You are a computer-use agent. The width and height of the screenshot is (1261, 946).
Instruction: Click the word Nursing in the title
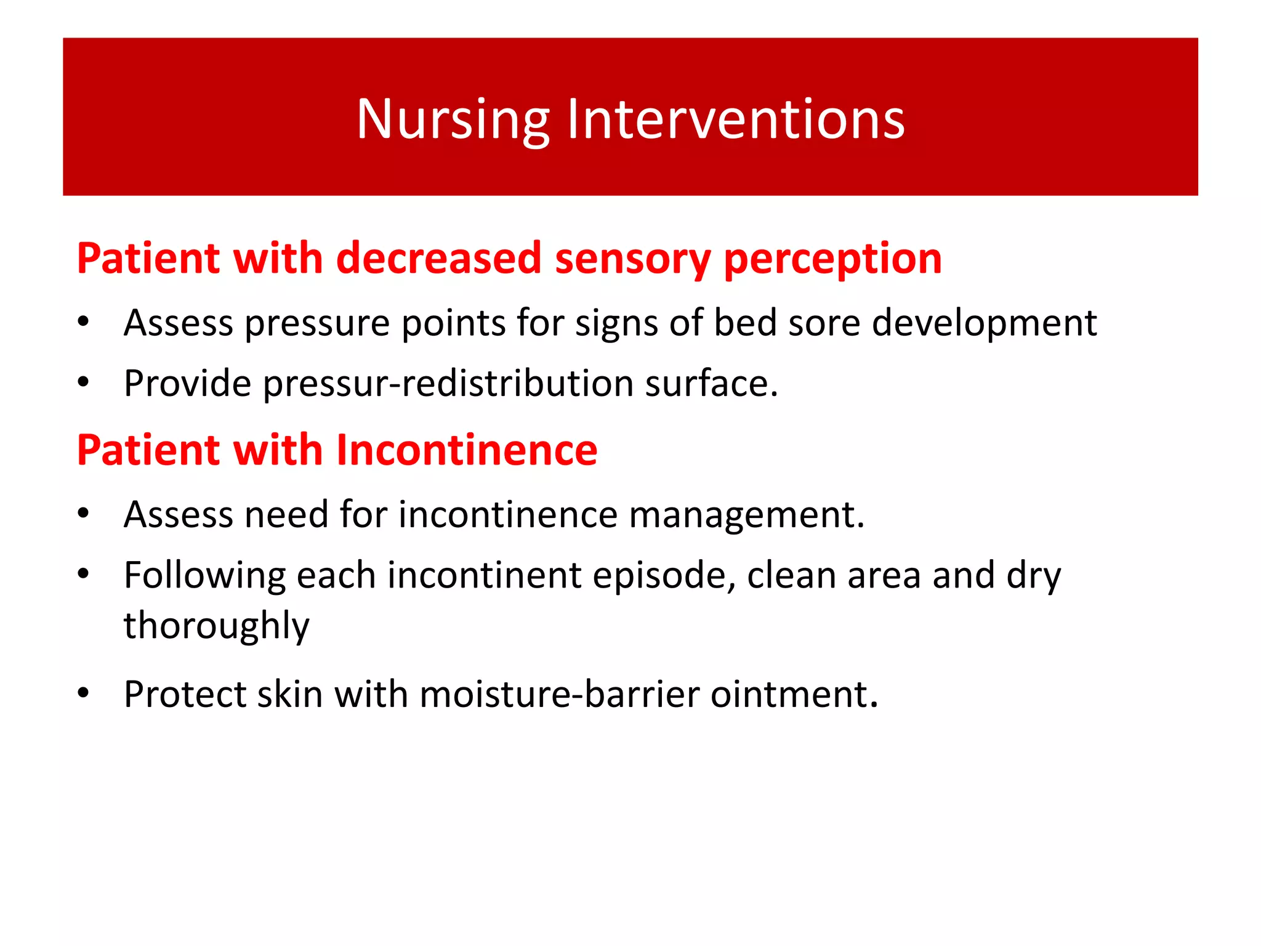pos(453,119)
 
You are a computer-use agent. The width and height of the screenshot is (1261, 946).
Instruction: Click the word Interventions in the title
pos(735,119)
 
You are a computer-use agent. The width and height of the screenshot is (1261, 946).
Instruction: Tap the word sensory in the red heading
pos(632,258)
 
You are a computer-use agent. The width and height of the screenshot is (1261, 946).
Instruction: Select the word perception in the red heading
pos(832,259)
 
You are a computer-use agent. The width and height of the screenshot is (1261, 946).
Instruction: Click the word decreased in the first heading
pos(438,258)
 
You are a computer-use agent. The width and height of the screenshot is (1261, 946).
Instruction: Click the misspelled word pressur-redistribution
pos(448,384)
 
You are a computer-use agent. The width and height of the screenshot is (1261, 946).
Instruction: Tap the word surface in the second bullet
pos(711,384)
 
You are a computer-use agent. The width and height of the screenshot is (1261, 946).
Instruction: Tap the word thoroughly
pos(216,626)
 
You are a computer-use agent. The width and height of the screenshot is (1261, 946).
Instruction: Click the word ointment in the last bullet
pos(794,694)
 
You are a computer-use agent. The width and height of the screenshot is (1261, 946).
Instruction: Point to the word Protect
pos(184,694)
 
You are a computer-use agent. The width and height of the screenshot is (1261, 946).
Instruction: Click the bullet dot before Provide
pos(84,382)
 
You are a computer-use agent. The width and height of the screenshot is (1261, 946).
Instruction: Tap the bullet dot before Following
pos(84,574)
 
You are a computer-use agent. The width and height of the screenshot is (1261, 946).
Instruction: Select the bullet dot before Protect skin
pos(84,693)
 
